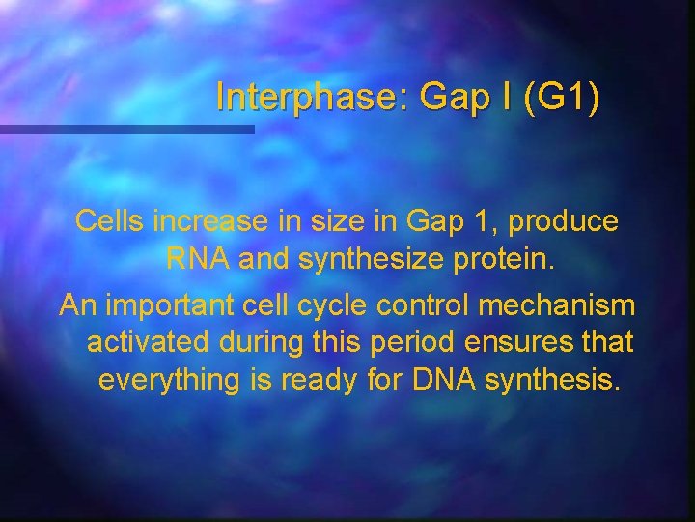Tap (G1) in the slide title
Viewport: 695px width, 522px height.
point(561,98)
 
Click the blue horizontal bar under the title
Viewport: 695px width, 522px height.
point(126,129)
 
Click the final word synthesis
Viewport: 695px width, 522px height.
point(552,380)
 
